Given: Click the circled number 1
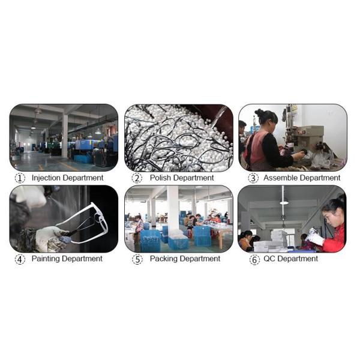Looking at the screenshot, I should [x=20, y=178].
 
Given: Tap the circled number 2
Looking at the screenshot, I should [x=137, y=178].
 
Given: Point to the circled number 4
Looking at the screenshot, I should [x=20, y=259].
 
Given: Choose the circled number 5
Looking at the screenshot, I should [x=137, y=259].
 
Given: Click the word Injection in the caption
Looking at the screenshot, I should [x=47, y=178].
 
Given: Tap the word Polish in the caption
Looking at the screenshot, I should [x=161, y=178].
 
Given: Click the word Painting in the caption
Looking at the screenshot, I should [x=45, y=259].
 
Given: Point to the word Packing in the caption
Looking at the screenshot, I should [x=163, y=259].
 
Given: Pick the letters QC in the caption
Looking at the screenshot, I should [x=269, y=259].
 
